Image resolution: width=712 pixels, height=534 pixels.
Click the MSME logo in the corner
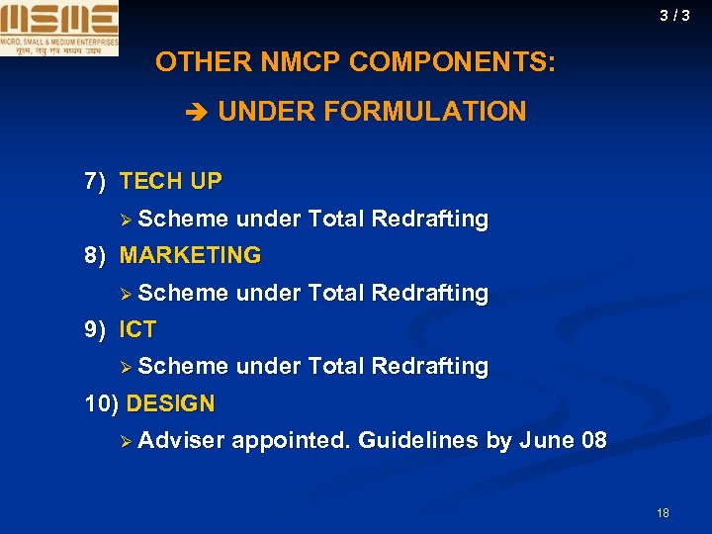[59, 29]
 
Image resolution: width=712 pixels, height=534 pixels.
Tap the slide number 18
[663, 512]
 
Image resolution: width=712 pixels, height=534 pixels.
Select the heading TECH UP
[170, 182]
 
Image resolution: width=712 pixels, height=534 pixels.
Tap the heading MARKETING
[190, 255]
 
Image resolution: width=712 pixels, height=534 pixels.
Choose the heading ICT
[137, 329]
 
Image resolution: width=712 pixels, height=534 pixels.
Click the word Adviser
[182, 440]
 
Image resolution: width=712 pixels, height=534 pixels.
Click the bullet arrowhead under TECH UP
[126, 220]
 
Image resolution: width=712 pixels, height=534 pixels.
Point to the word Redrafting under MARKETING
[429, 293]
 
